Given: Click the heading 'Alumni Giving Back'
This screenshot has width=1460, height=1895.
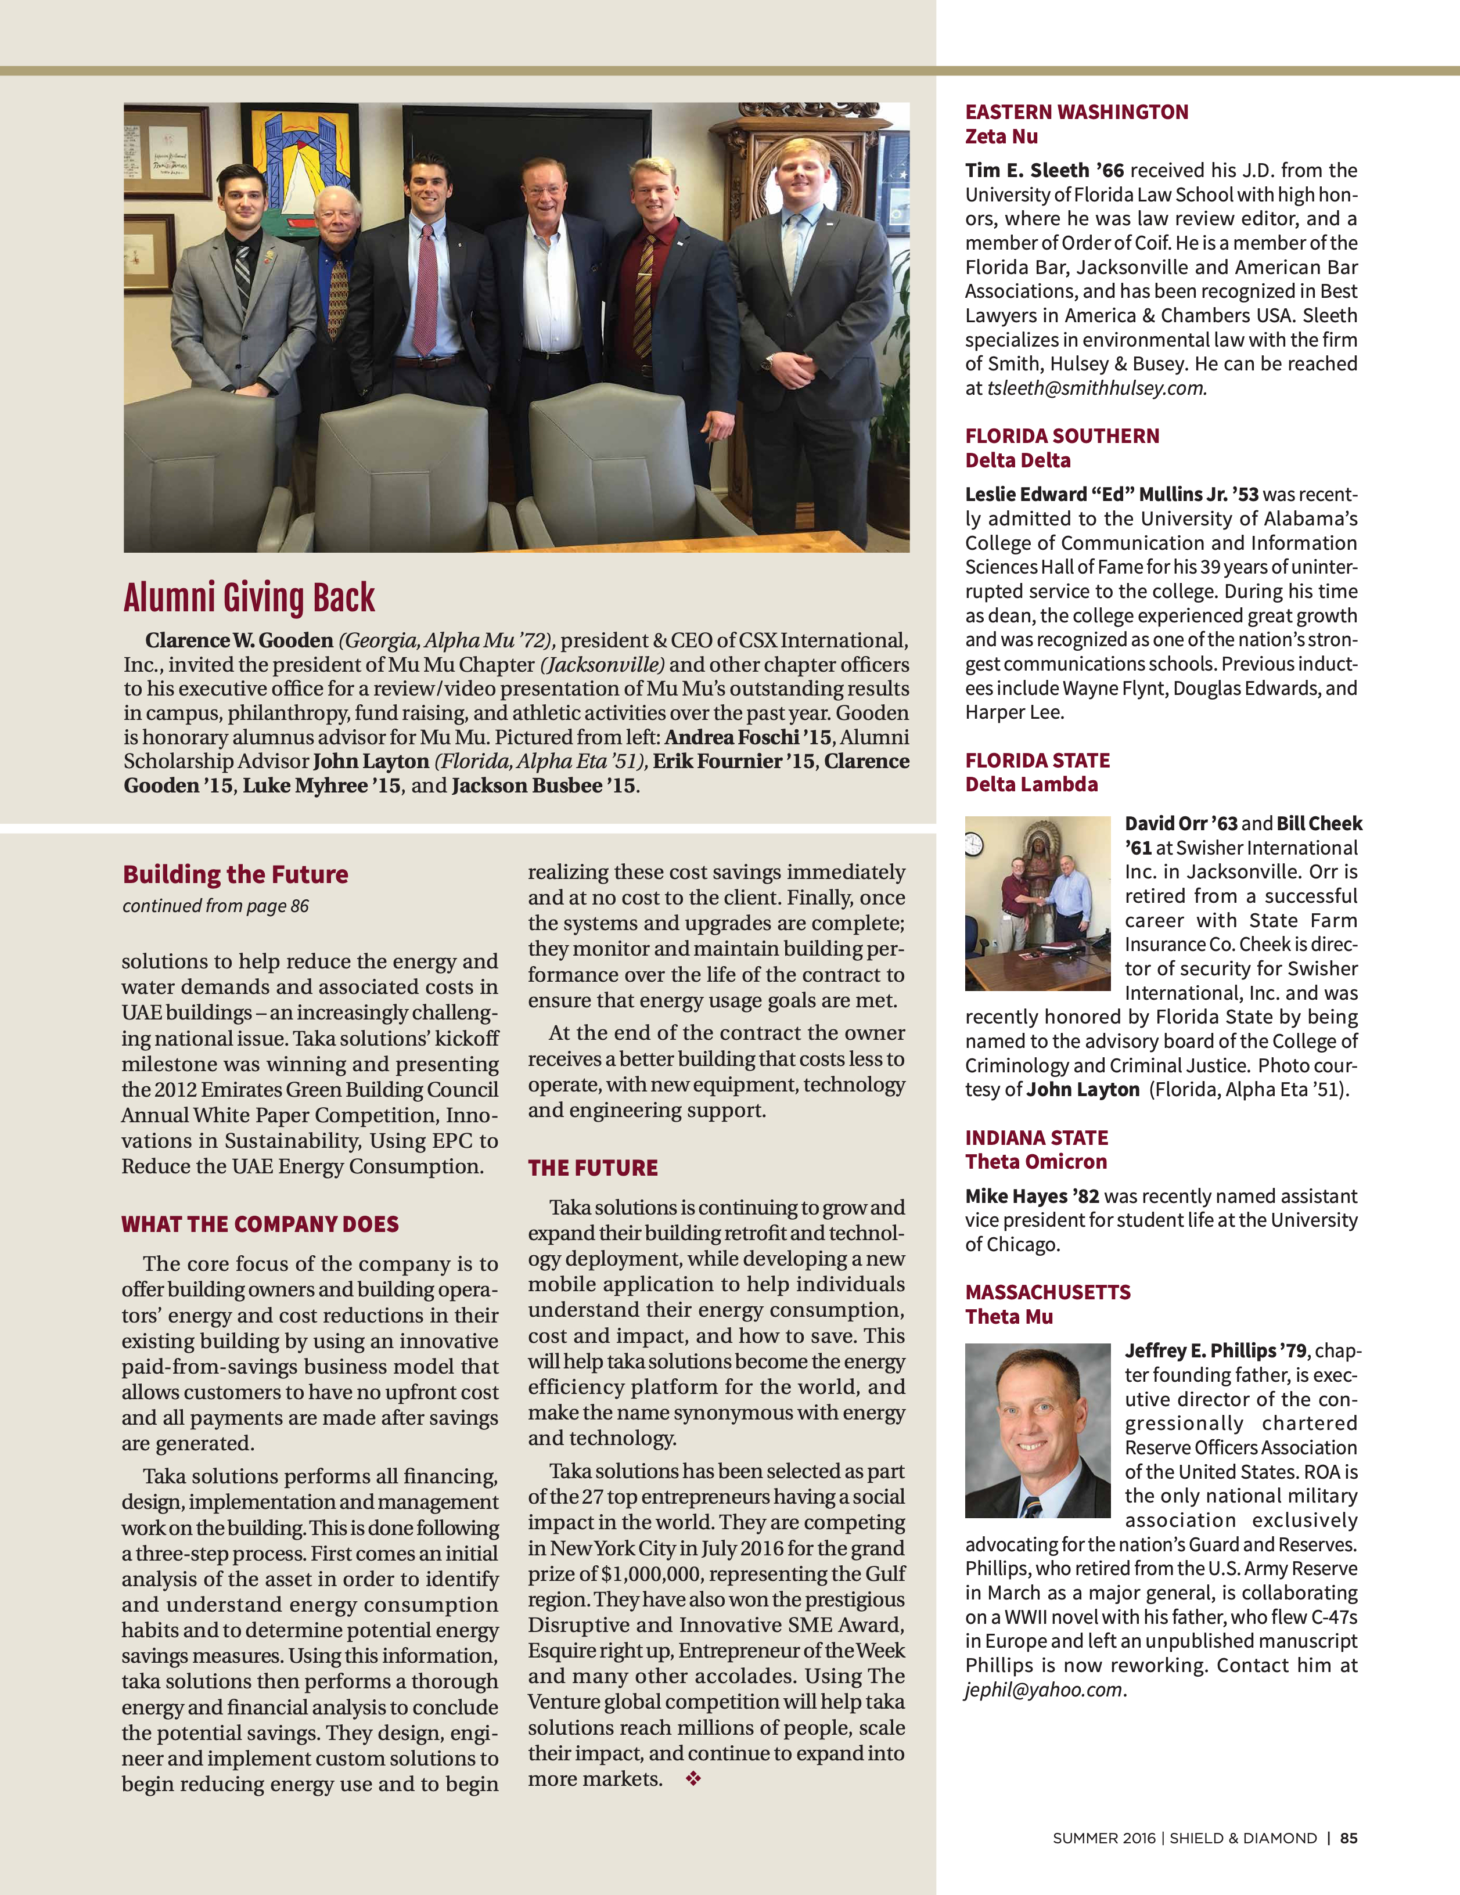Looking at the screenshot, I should [249, 598].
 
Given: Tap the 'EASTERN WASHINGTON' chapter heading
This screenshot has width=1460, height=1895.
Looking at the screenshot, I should [1076, 112].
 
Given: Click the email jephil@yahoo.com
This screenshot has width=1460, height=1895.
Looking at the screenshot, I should [1044, 1689].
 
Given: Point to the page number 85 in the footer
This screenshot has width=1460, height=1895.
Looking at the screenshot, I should [1348, 1838].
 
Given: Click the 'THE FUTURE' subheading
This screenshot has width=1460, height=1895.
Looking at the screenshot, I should [593, 1168].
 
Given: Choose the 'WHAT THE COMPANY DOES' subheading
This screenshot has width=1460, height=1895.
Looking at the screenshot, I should [260, 1224].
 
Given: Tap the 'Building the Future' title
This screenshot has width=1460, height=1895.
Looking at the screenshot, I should [235, 874].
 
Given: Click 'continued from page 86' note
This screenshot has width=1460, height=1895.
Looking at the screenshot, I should [215, 906].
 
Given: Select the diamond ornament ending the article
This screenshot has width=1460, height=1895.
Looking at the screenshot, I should [693, 1779].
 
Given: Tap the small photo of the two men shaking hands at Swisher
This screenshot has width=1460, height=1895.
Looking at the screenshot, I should [1037, 903].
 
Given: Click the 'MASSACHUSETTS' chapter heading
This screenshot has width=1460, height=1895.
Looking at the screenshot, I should [1048, 1292].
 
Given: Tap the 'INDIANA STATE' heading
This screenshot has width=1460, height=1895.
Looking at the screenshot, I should [1037, 1137].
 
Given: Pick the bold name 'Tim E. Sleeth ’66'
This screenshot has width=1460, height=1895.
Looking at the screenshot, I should [1044, 171].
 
